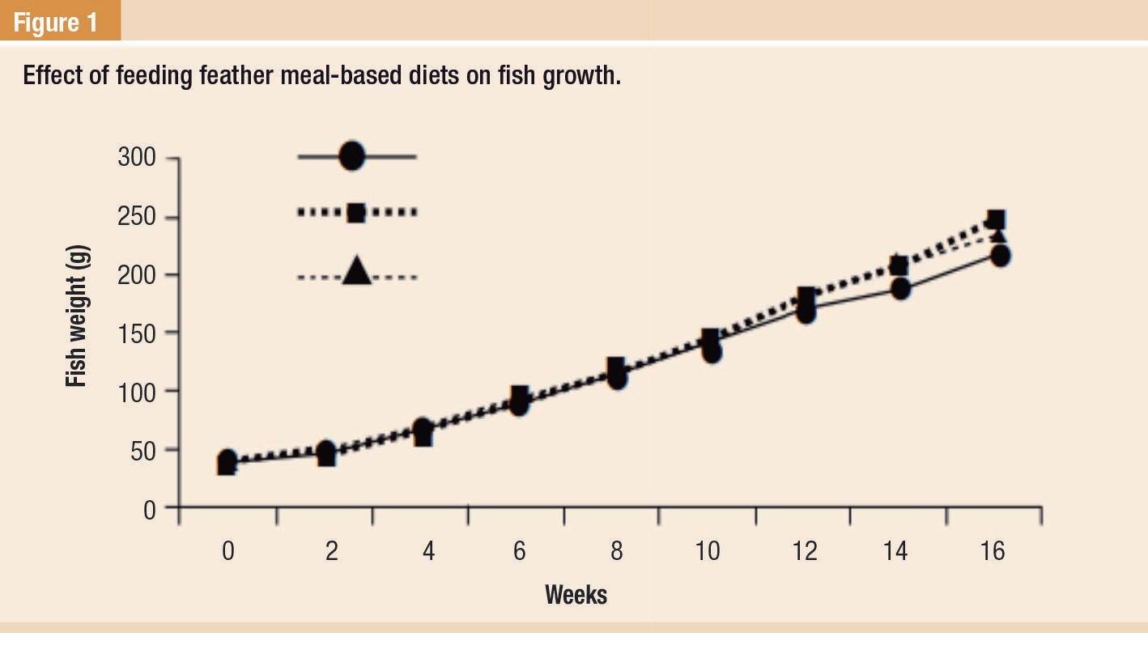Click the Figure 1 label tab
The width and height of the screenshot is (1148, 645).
[x=57, y=22]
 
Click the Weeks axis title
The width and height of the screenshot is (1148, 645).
[x=576, y=595]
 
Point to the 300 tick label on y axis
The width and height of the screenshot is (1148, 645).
[x=137, y=157]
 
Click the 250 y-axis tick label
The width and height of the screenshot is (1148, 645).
[x=137, y=218]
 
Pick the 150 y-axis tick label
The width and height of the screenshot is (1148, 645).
[x=137, y=333]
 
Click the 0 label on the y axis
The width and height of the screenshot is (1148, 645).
[x=149, y=510]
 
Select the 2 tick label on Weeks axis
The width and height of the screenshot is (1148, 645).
[x=332, y=551]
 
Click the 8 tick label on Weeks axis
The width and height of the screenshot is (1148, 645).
[x=617, y=551]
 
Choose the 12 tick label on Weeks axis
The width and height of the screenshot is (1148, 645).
[x=804, y=551]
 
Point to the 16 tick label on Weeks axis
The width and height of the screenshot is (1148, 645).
[x=993, y=551]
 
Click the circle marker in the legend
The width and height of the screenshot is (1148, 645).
[x=352, y=156]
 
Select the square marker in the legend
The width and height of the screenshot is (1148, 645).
[x=356, y=213]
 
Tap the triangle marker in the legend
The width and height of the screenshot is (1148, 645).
[x=356, y=272]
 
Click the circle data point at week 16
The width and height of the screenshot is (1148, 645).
[x=1001, y=256]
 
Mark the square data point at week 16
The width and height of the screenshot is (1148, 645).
[x=997, y=219]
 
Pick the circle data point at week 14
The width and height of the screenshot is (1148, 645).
[x=901, y=289]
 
